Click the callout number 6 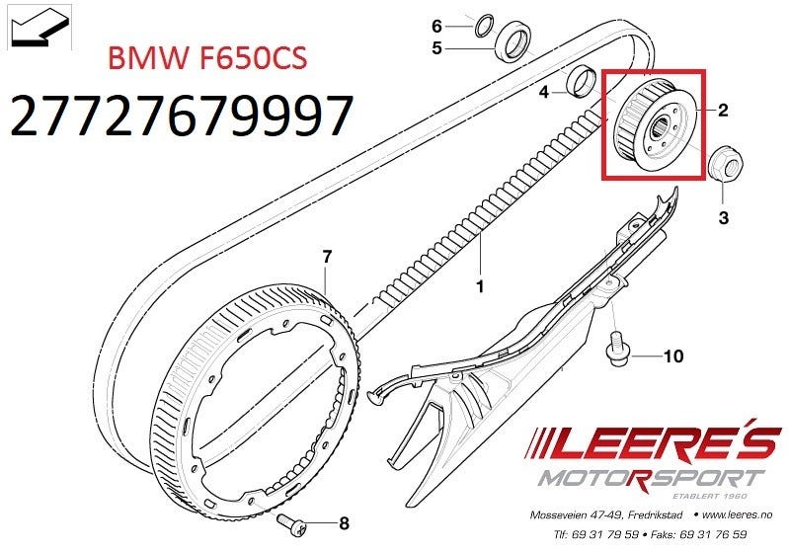[x=436, y=26]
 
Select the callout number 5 [x=436, y=48]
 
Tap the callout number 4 [x=543, y=92]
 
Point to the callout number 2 [x=723, y=110]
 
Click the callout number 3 [x=723, y=218]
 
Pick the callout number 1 [x=480, y=286]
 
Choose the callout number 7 [x=327, y=257]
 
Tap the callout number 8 [x=345, y=523]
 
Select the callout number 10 [x=673, y=356]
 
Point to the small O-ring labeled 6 [x=485, y=26]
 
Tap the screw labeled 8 [x=291, y=523]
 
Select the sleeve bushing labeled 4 [x=581, y=80]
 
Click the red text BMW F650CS [x=207, y=58]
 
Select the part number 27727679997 [x=181, y=116]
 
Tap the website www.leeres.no [x=737, y=514]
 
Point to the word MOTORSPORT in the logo [x=651, y=479]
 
